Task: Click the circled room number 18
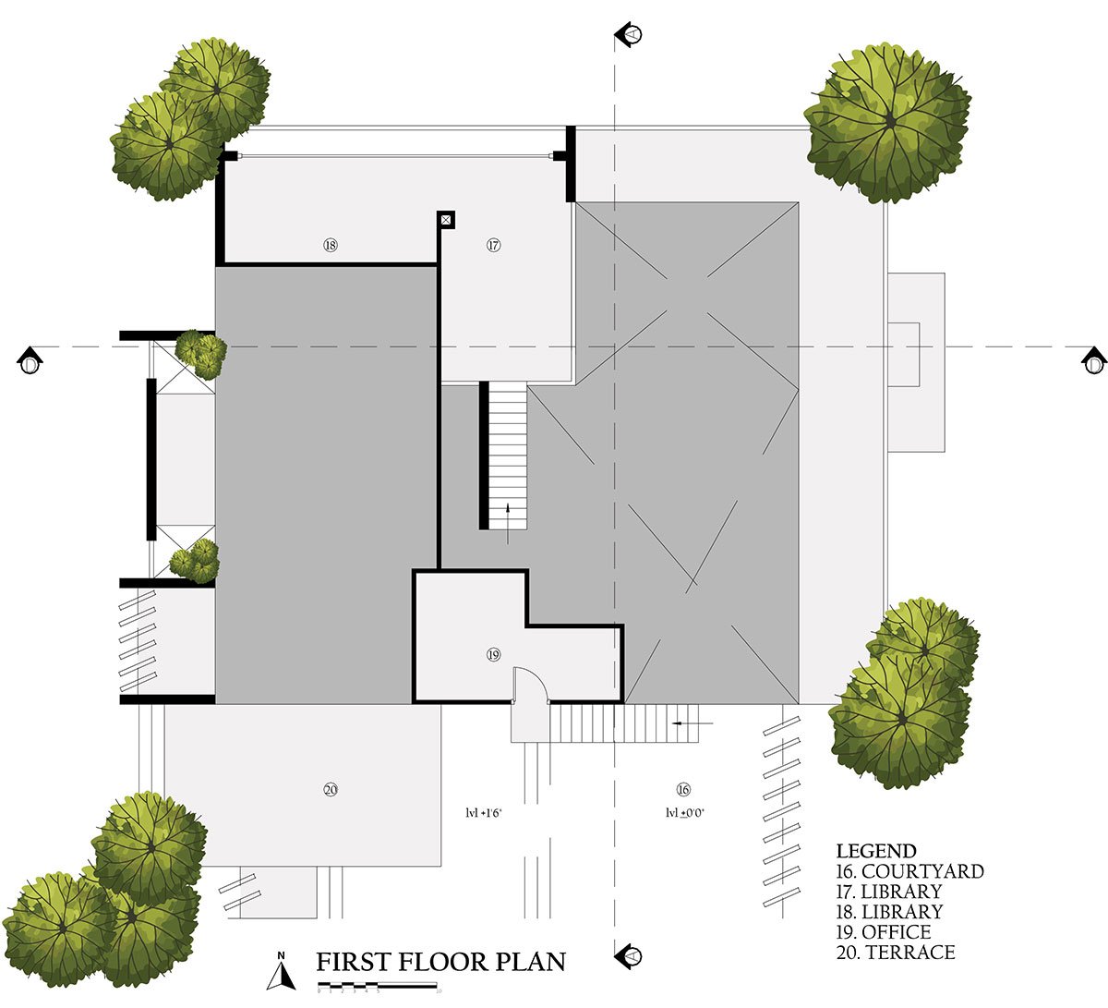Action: (331, 246)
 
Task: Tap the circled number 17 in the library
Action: (493, 246)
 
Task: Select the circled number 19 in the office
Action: (493, 655)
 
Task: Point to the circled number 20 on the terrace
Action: (331, 789)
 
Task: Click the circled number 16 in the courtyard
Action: (683, 789)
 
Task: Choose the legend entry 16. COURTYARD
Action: (909, 871)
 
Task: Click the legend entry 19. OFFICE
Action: (884, 932)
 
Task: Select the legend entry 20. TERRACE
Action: (896, 953)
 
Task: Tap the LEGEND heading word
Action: (876, 851)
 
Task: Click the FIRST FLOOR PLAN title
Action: (440, 963)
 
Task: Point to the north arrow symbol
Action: (283, 971)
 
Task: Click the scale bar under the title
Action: (377, 988)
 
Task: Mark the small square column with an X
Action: (446, 219)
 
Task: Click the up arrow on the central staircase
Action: (507, 514)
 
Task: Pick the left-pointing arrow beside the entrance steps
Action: (692, 723)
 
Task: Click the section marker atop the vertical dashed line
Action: (631, 34)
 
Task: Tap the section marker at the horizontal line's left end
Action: (30, 360)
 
